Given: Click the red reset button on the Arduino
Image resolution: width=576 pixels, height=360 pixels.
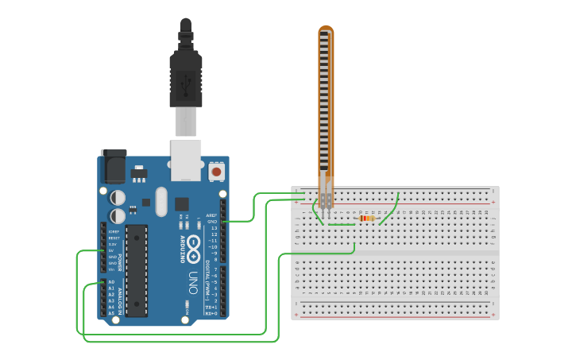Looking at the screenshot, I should tap(216, 171).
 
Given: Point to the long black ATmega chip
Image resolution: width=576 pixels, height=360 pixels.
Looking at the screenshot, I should tap(137, 270).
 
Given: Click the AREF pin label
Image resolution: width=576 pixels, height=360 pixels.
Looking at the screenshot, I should tap(212, 215).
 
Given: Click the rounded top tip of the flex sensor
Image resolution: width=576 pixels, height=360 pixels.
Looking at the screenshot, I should tap(326, 30).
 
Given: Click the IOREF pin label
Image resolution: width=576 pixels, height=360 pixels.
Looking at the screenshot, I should tap(114, 231).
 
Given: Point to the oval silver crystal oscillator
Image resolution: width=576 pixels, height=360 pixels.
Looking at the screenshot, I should tap(162, 202).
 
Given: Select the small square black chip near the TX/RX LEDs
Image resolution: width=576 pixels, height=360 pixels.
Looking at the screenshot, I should tap(182, 203).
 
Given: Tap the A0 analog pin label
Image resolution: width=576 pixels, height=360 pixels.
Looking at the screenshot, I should tap(111, 282).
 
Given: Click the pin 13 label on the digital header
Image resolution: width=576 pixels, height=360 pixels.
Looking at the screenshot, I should tap(214, 227).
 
